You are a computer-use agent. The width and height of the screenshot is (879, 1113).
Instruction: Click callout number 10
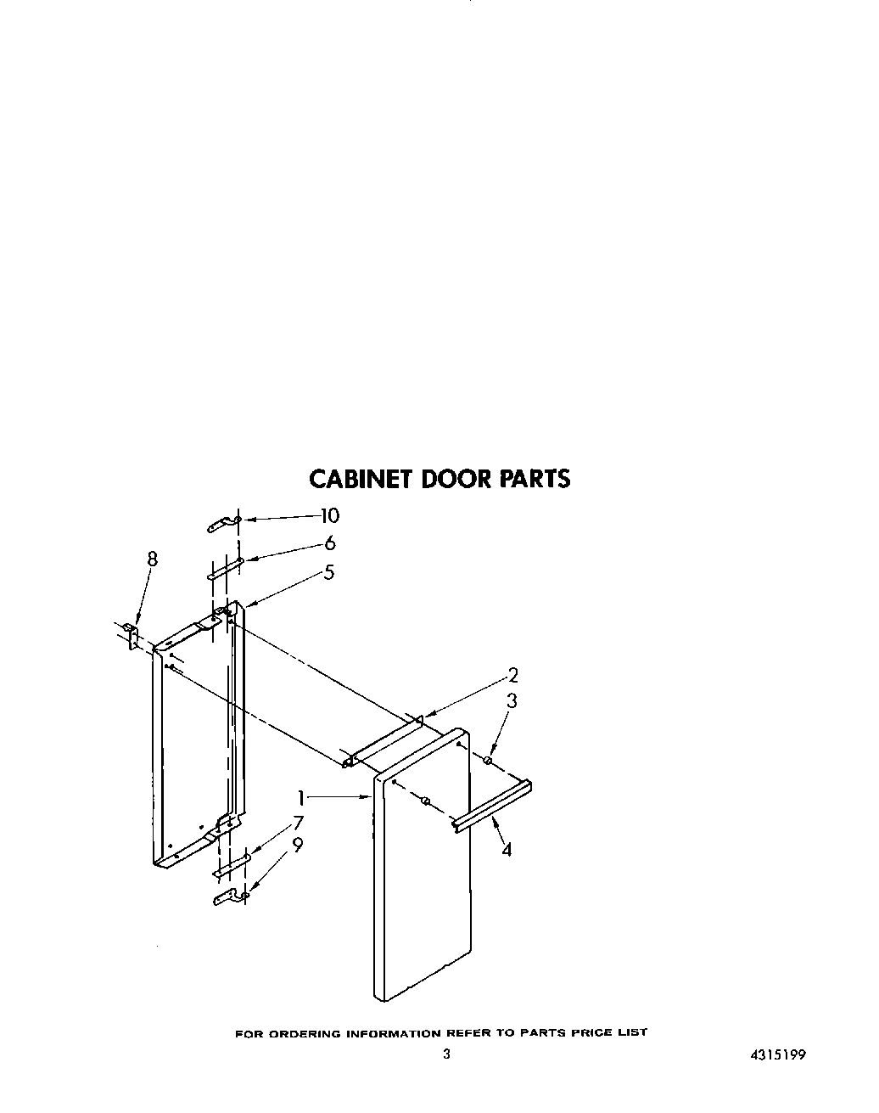(328, 515)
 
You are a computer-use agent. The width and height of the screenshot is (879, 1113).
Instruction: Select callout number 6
(330, 543)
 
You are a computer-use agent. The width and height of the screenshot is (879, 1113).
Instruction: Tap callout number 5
(328, 572)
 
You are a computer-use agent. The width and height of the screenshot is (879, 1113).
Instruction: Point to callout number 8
(152, 559)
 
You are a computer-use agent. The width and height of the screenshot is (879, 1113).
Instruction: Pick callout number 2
(512, 676)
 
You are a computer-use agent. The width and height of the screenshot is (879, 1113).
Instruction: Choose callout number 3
(512, 701)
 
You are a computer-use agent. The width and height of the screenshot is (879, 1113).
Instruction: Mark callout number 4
(507, 848)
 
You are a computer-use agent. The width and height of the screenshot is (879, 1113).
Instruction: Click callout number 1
(300, 798)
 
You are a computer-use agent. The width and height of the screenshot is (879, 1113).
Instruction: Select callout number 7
(297, 822)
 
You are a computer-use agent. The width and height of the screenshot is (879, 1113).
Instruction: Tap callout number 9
(297, 846)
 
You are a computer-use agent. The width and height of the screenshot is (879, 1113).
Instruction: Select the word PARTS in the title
(534, 479)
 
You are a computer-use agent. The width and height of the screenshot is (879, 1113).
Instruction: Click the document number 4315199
(777, 1055)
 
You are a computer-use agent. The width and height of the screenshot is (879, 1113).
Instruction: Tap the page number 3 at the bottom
(446, 1055)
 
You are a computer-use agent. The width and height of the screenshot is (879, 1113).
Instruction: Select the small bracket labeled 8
(132, 635)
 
